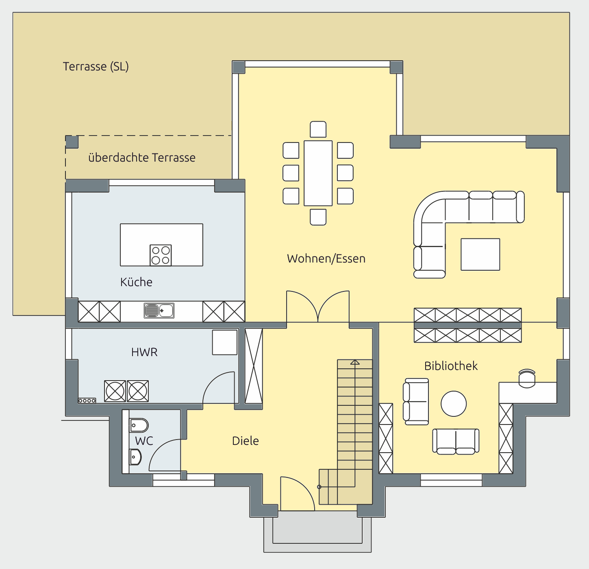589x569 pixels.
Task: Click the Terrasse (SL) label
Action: tap(96, 67)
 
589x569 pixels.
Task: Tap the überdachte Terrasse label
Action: tap(141, 158)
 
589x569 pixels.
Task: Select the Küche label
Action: tap(136, 282)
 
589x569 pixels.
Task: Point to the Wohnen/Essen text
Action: tap(326, 258)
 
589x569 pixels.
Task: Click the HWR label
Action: tap(144, 352)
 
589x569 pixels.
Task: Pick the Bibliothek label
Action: tap(451, 366)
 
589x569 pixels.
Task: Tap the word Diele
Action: tap(245, 441)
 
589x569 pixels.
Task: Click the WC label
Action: tap(144, 441)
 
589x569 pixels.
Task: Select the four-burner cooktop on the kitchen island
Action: tap(161, 255)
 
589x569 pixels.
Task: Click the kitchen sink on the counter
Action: tap(159, 311)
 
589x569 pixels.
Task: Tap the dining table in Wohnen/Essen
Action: tap(318, 173)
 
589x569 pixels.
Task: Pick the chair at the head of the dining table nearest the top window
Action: tap(318, 129)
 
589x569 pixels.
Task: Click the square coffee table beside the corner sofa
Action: tap(480, 254)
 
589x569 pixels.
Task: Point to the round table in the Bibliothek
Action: tap(453, 403)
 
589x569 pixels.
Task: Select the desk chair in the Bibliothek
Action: tap(527, 379)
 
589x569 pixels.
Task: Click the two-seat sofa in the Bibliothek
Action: tap(456, 442)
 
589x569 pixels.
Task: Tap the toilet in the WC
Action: tap(139, 425)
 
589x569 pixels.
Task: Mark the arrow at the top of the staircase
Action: tap(355, 363)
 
